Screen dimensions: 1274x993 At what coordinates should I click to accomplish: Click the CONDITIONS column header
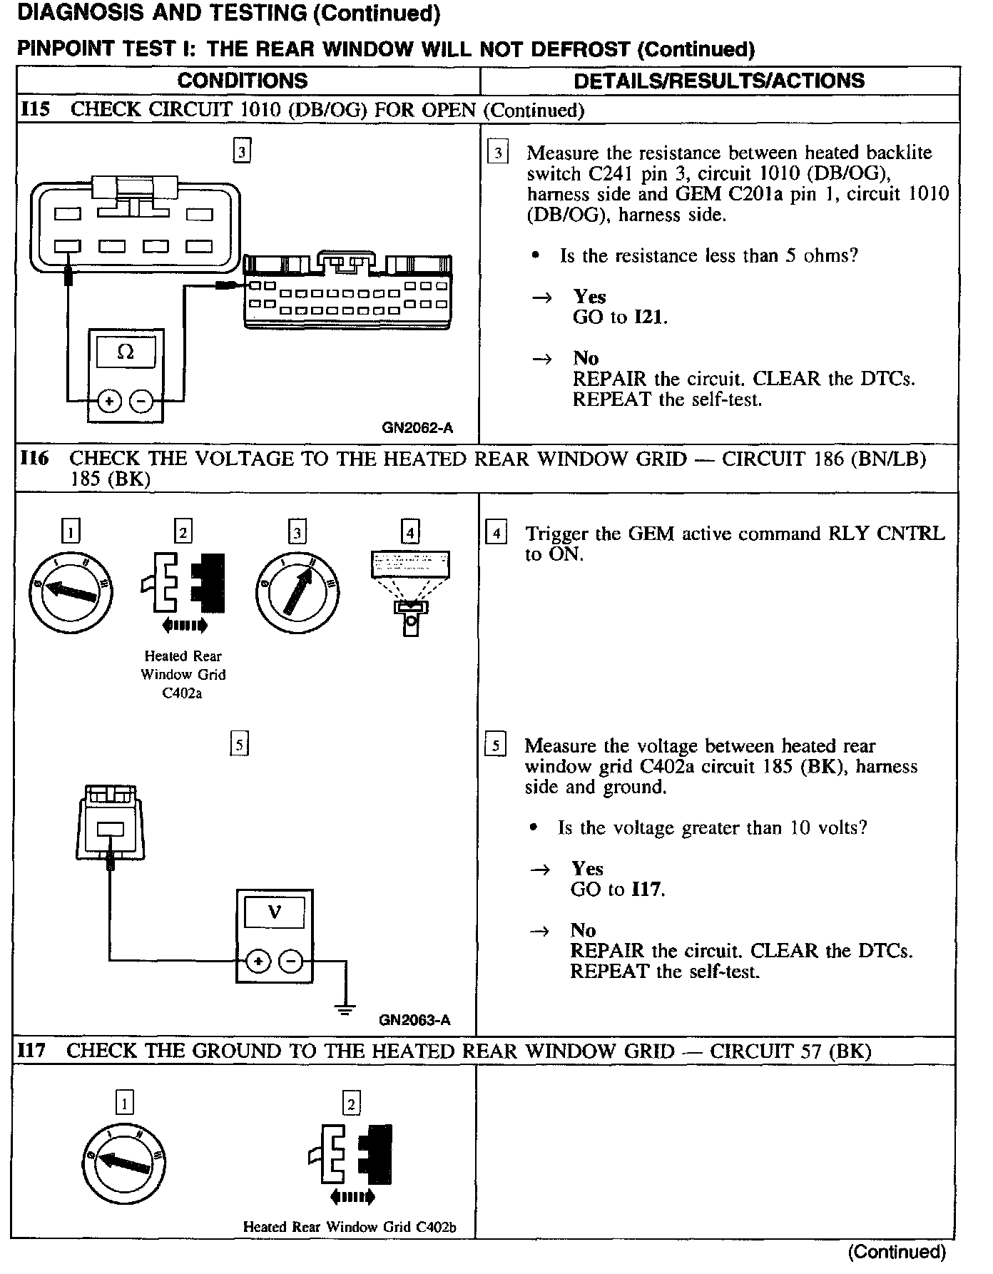point(243,80)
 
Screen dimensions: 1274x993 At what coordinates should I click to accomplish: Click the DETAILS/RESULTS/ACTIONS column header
point(719,80)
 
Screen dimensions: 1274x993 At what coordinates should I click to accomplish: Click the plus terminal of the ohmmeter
point(109,402)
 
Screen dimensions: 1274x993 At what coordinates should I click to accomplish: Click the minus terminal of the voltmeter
point(290,962)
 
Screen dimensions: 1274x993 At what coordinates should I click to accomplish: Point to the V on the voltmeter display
point(274,912)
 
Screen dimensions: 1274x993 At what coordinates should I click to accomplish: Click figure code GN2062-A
point(417,428)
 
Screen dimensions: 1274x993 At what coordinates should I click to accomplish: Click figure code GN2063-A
point(414,1020)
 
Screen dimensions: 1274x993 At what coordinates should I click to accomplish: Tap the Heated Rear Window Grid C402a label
point(183,674)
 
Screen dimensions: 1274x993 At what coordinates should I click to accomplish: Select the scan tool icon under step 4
point(410,593)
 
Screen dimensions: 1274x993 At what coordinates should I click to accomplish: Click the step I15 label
point(36,110)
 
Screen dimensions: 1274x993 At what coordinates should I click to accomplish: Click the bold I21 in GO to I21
point(649,317)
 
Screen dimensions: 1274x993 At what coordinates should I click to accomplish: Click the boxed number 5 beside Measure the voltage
point(495,745)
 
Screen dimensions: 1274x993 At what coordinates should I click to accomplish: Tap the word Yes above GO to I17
point(587,868)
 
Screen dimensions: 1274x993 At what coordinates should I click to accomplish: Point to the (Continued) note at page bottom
point(897,1252)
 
